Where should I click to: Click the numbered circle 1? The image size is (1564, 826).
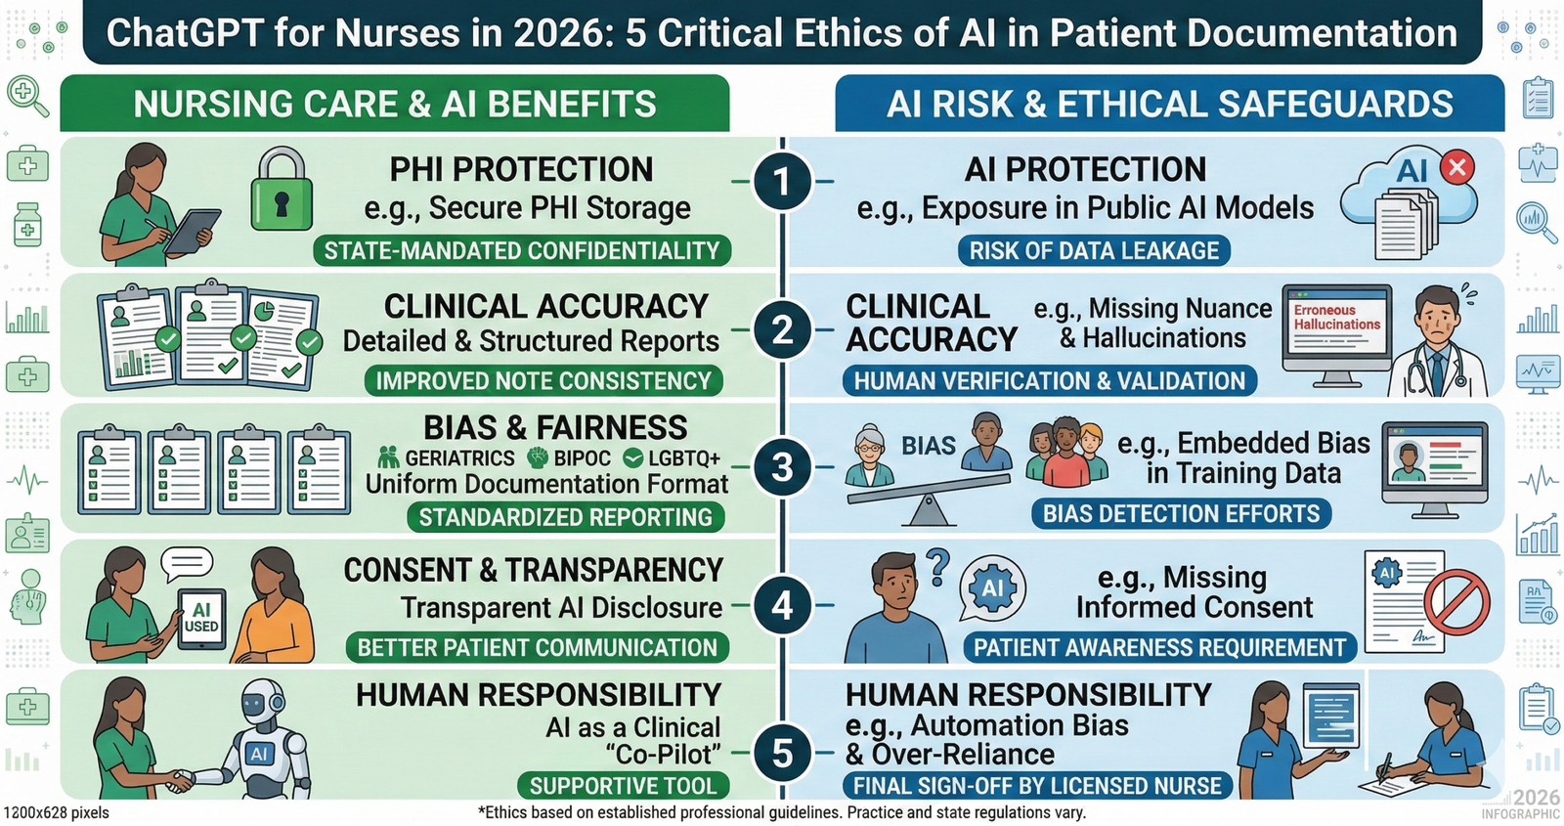pyautogui.click(x=782, y=182)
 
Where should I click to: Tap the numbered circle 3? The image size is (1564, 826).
pyautogui.click(x=782, y=466)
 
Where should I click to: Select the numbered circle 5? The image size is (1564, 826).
pyautogui.click(x=782, y=754)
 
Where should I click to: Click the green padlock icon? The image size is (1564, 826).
pyautogui.click(x=282, y=189)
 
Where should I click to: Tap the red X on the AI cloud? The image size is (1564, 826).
pyautogui.click(x=1457, y=167)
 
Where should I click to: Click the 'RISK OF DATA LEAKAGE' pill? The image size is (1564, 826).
pyautogui.click(x=1094, y=250)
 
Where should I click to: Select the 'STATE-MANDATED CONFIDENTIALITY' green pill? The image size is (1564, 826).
pyautogui.click(x=522, y=250)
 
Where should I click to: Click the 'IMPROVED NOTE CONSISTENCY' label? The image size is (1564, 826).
pyautogui.click(x=543, y=381)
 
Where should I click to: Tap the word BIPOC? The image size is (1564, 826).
pyautogui.click(x=582, y=458)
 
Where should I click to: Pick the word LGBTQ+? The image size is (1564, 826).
pyautogui.click(x=684, y=458)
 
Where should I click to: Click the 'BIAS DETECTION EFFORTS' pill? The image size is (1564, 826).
pyautogui.click(x=1182, y=514)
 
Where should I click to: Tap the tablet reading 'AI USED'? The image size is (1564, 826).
pyautogui.click(x=201, y=619)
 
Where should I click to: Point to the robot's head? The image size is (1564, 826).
pyautogui.click(x=260, y=706)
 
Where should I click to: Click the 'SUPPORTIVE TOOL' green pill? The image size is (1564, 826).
pyautogui.click(x=623, y=786)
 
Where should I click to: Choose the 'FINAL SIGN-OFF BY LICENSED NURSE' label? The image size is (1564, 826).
pyautogui.click(x=1037, y=786)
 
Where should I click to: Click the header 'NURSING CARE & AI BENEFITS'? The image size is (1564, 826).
pyautogui.click(x=395, y=104)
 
